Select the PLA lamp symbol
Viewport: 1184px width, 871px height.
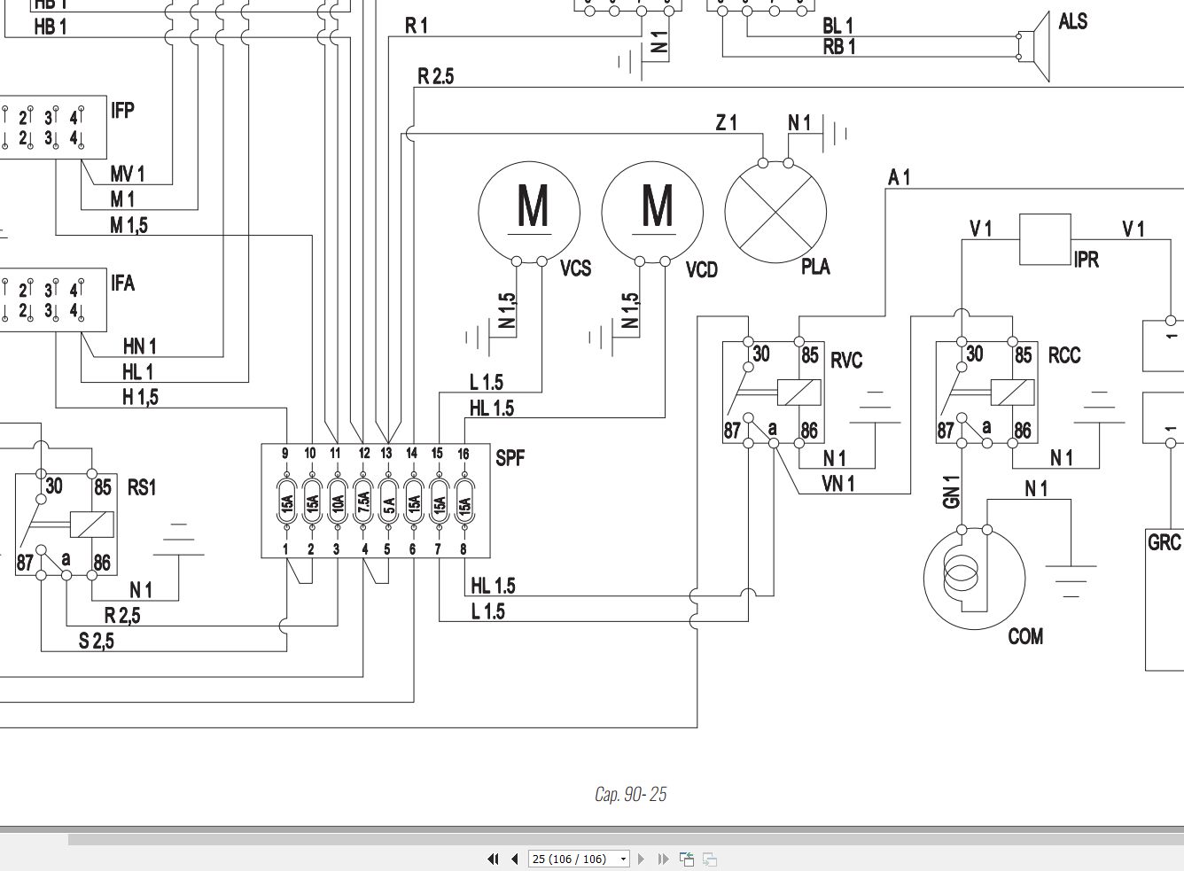(x=775, y=213)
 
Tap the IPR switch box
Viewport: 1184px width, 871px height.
(x=1045, y=239)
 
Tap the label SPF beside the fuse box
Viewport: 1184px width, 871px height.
(x=510, y=457)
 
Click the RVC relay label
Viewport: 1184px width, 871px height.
(x=845, y=361)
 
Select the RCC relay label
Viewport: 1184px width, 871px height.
(x=1064, y=356)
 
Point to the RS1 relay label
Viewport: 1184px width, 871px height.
(x=141, y=487)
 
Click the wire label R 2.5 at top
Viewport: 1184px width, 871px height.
(x=435, y=77)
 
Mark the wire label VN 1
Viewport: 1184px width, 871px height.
(x=838, y=483)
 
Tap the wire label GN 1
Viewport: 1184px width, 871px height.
(x=952, y=492)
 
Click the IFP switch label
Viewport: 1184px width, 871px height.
(x=122, y=111)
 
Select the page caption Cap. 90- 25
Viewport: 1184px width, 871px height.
(x=630, y=794)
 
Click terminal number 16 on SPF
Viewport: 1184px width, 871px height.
(x=463, y=454)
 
